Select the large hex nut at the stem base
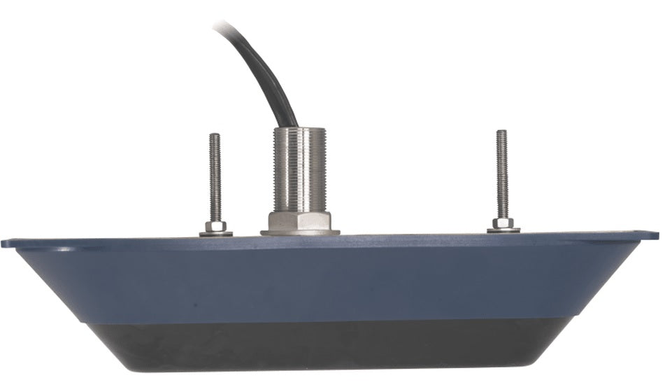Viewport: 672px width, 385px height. click(x=300, y=220)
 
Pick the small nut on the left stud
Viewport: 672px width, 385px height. click(x=216, y=226)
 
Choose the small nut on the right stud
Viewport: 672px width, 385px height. click(x=503, y=223)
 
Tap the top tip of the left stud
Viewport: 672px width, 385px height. click(x=215, y=136)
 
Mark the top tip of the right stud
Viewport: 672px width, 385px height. click(x=501, y=132)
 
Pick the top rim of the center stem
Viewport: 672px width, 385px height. click(x=299, y=129)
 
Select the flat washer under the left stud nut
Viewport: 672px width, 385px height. click(x=216, y=234)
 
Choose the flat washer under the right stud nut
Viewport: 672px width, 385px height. click(x=503, y=230)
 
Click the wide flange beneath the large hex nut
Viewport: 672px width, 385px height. click(x=300, y=232)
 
